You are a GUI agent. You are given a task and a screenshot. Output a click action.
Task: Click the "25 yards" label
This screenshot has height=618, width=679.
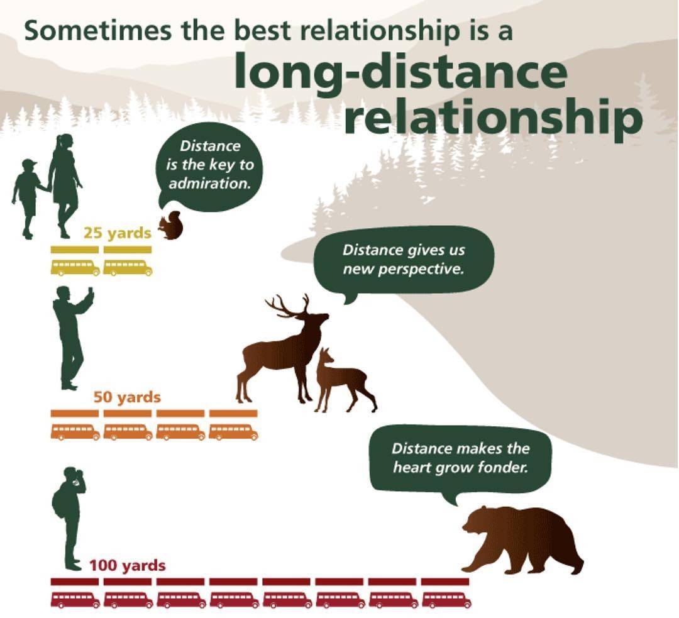click(118, 233)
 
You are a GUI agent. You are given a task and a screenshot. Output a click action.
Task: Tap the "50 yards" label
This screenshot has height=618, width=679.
click(127, 397)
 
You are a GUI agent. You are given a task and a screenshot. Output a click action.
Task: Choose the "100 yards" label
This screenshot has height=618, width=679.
click(127, 565)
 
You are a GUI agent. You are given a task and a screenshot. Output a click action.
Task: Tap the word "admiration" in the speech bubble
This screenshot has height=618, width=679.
click(210, 184)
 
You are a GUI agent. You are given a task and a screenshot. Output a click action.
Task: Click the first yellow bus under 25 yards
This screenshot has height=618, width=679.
click(75, 267)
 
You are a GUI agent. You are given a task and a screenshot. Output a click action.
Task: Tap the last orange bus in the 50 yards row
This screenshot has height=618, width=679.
click(234, 432)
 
